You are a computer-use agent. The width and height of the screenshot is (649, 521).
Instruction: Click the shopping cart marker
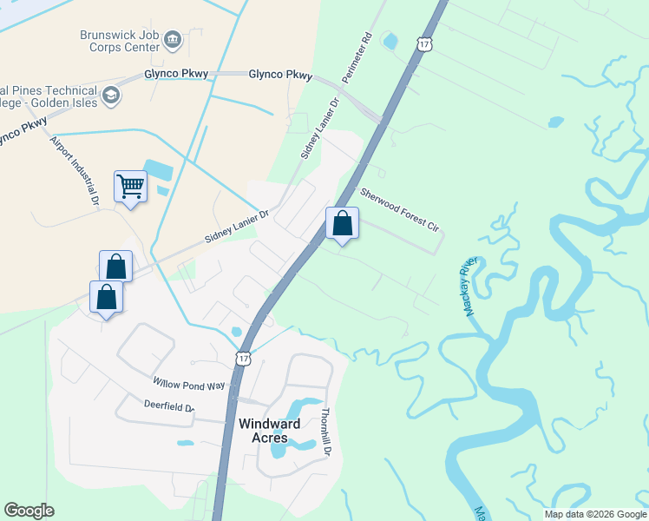[130, 186]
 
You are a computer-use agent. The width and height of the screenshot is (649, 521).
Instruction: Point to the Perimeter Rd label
[357, 58]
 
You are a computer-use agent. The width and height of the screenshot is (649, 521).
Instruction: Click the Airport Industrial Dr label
[73, 171]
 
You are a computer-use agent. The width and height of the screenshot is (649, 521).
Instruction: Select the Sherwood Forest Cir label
[401, 209]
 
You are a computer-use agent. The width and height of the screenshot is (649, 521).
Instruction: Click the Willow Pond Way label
[188, 383]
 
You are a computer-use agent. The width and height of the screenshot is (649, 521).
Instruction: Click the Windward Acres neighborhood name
[270, 431]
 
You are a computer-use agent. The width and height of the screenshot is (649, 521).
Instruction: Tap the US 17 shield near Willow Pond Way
[243, 358]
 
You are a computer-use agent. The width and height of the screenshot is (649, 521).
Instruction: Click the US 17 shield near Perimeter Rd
[423, 44]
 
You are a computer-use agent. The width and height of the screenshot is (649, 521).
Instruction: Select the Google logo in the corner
[29, 511]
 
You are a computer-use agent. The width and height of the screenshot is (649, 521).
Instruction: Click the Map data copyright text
[595, 514]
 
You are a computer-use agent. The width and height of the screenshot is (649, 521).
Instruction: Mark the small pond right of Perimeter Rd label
[390, 40]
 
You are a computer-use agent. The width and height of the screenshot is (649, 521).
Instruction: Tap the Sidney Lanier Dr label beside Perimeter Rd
[318, 129]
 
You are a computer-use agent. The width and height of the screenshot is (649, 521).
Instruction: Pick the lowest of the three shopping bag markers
[106, 296]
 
